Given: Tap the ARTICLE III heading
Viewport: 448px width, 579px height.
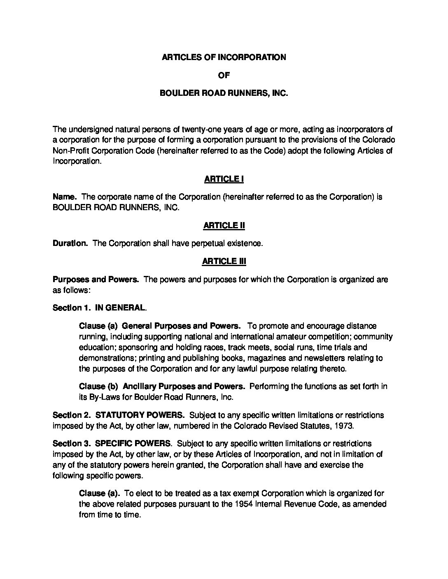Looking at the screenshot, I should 224,261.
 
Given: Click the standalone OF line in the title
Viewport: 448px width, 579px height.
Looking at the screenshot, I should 224,75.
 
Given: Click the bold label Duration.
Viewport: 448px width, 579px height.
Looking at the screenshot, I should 70,243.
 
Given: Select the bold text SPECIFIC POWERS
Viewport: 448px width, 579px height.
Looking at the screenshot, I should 133,444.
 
